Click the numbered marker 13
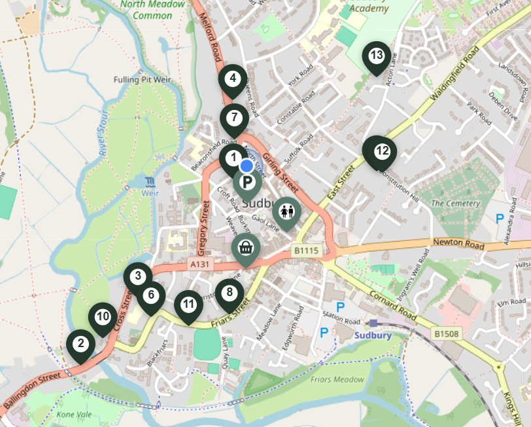[376, 56]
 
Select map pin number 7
[233, 117]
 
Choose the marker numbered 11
[188, 305]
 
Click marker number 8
[229, 293]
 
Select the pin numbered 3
[137, 276]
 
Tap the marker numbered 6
[151, 295]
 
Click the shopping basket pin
[245, 248]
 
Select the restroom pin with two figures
[286, 211]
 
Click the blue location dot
[247, 166]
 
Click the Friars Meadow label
[338, 379]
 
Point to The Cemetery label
[455, 204]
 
